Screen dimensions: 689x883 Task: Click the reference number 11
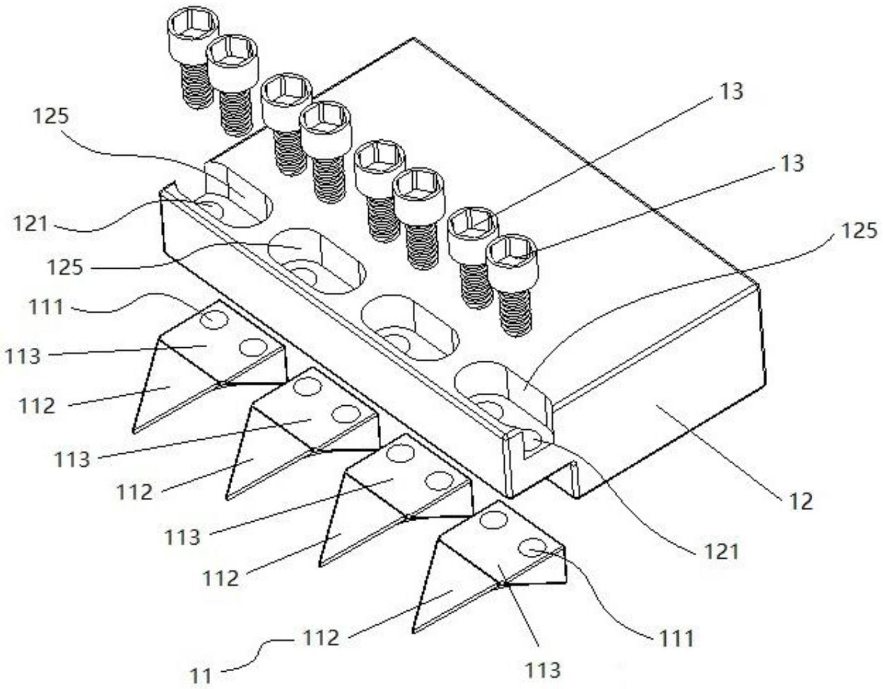(x=201, y=676)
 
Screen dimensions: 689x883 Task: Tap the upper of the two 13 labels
(x=731, y=91)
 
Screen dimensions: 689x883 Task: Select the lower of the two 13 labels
(x=792, y=163)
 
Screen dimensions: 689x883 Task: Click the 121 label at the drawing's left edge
(x=31, y=225)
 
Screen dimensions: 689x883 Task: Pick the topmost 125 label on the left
(x=51, y=117)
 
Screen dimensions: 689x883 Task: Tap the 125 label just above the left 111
(x=65, y=268)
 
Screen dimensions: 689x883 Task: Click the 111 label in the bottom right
(x=676, y=638)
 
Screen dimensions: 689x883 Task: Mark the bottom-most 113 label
(x=543, y=669)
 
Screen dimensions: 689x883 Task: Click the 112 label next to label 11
(x=321, y=637)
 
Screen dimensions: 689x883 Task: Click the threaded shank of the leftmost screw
(x=197, y=84)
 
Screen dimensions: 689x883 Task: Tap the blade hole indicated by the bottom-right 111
(x=533, y=548)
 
